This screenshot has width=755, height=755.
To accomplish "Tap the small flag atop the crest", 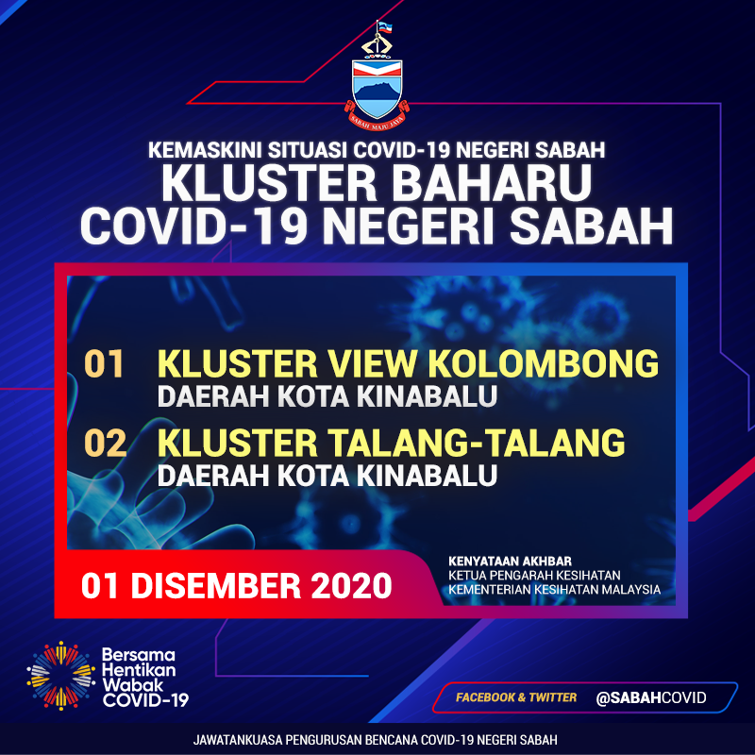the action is point(385,28).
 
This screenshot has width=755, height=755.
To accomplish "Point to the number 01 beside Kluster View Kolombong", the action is point(104,363).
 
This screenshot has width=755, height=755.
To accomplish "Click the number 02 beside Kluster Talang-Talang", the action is point(105,443).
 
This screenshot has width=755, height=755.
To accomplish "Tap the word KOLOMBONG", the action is point(544,363).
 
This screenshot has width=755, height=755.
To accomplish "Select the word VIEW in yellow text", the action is point(373,363).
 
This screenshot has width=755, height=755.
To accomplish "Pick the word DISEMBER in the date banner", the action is point(216,585).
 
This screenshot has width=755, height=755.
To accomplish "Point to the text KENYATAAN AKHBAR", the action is point(510,562).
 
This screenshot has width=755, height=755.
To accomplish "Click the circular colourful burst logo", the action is point(60,676).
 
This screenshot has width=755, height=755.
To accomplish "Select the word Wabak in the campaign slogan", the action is point(126,685).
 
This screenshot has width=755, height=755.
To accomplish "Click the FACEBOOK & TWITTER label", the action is point(516,697).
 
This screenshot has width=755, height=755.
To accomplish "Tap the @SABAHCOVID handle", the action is point(651,697).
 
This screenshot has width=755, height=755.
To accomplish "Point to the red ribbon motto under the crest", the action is point(377,121).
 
